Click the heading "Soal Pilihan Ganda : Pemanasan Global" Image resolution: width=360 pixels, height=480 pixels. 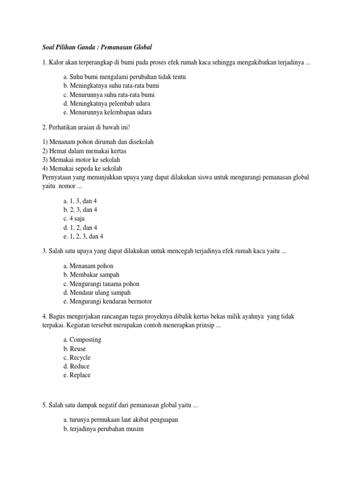click(x=95, y=47)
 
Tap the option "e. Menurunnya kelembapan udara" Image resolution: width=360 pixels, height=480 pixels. click(x=107, y=112)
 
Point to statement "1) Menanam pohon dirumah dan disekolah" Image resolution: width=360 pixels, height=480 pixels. click(x=97, y=142)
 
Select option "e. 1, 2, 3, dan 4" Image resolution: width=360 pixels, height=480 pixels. click(x=83, y=236)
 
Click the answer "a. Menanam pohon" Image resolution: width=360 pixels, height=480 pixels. click(x=88, y=266)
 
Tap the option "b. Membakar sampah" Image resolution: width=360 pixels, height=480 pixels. click(x=91, y=275)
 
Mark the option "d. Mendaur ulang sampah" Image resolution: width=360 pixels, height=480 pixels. click(x=97, y=292)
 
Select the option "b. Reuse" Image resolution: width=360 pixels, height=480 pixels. click(x=75, y=349)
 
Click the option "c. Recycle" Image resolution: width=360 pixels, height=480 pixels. click(x=77, y=358)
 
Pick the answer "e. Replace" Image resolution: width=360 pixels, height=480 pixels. click(x=77, y=375)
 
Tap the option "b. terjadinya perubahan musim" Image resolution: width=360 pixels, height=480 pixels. click(x=103, y=428)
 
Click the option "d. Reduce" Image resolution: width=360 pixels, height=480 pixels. click(x=76, y=366)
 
